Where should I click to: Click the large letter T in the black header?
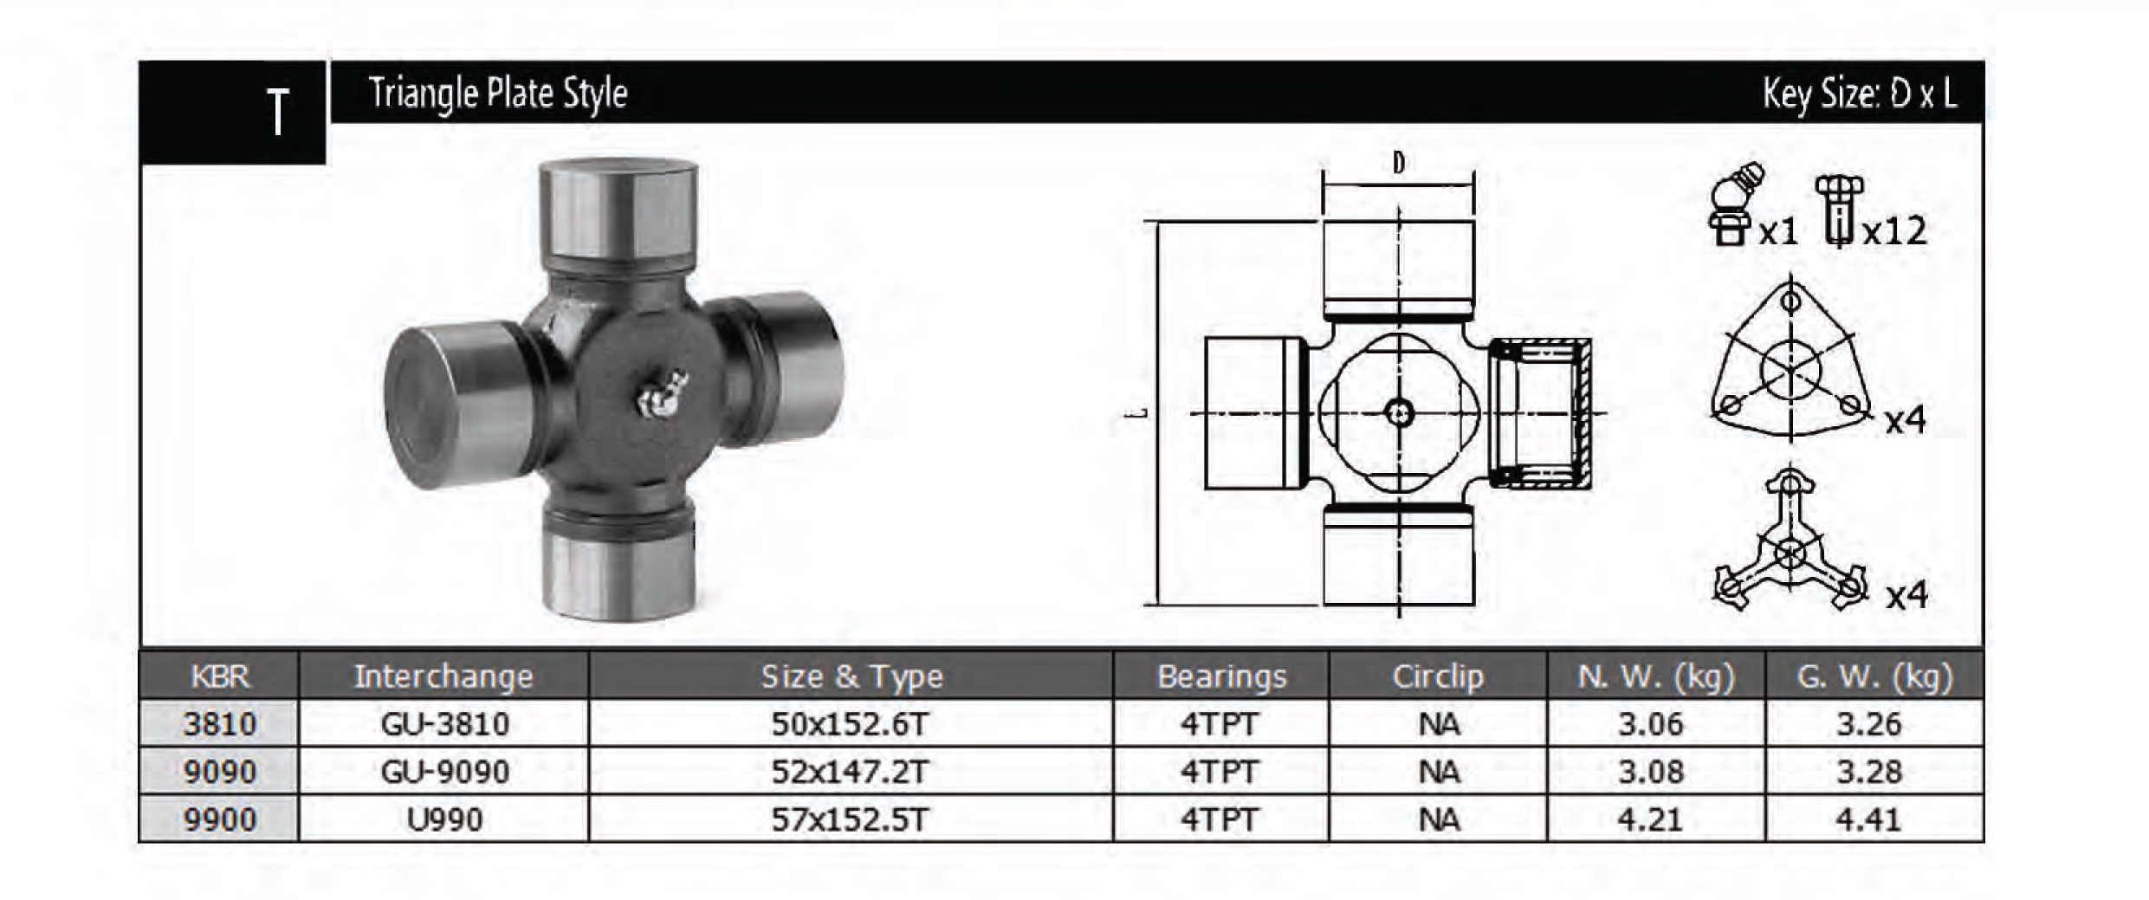[277, 113]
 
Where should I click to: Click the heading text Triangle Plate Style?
[498, 94]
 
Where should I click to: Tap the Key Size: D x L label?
[1860, 94]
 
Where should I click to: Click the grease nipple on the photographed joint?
[662, 392]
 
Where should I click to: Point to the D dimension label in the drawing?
[1399, 163]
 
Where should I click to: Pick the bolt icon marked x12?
[1839, 210]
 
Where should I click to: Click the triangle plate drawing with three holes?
[1790, 362]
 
